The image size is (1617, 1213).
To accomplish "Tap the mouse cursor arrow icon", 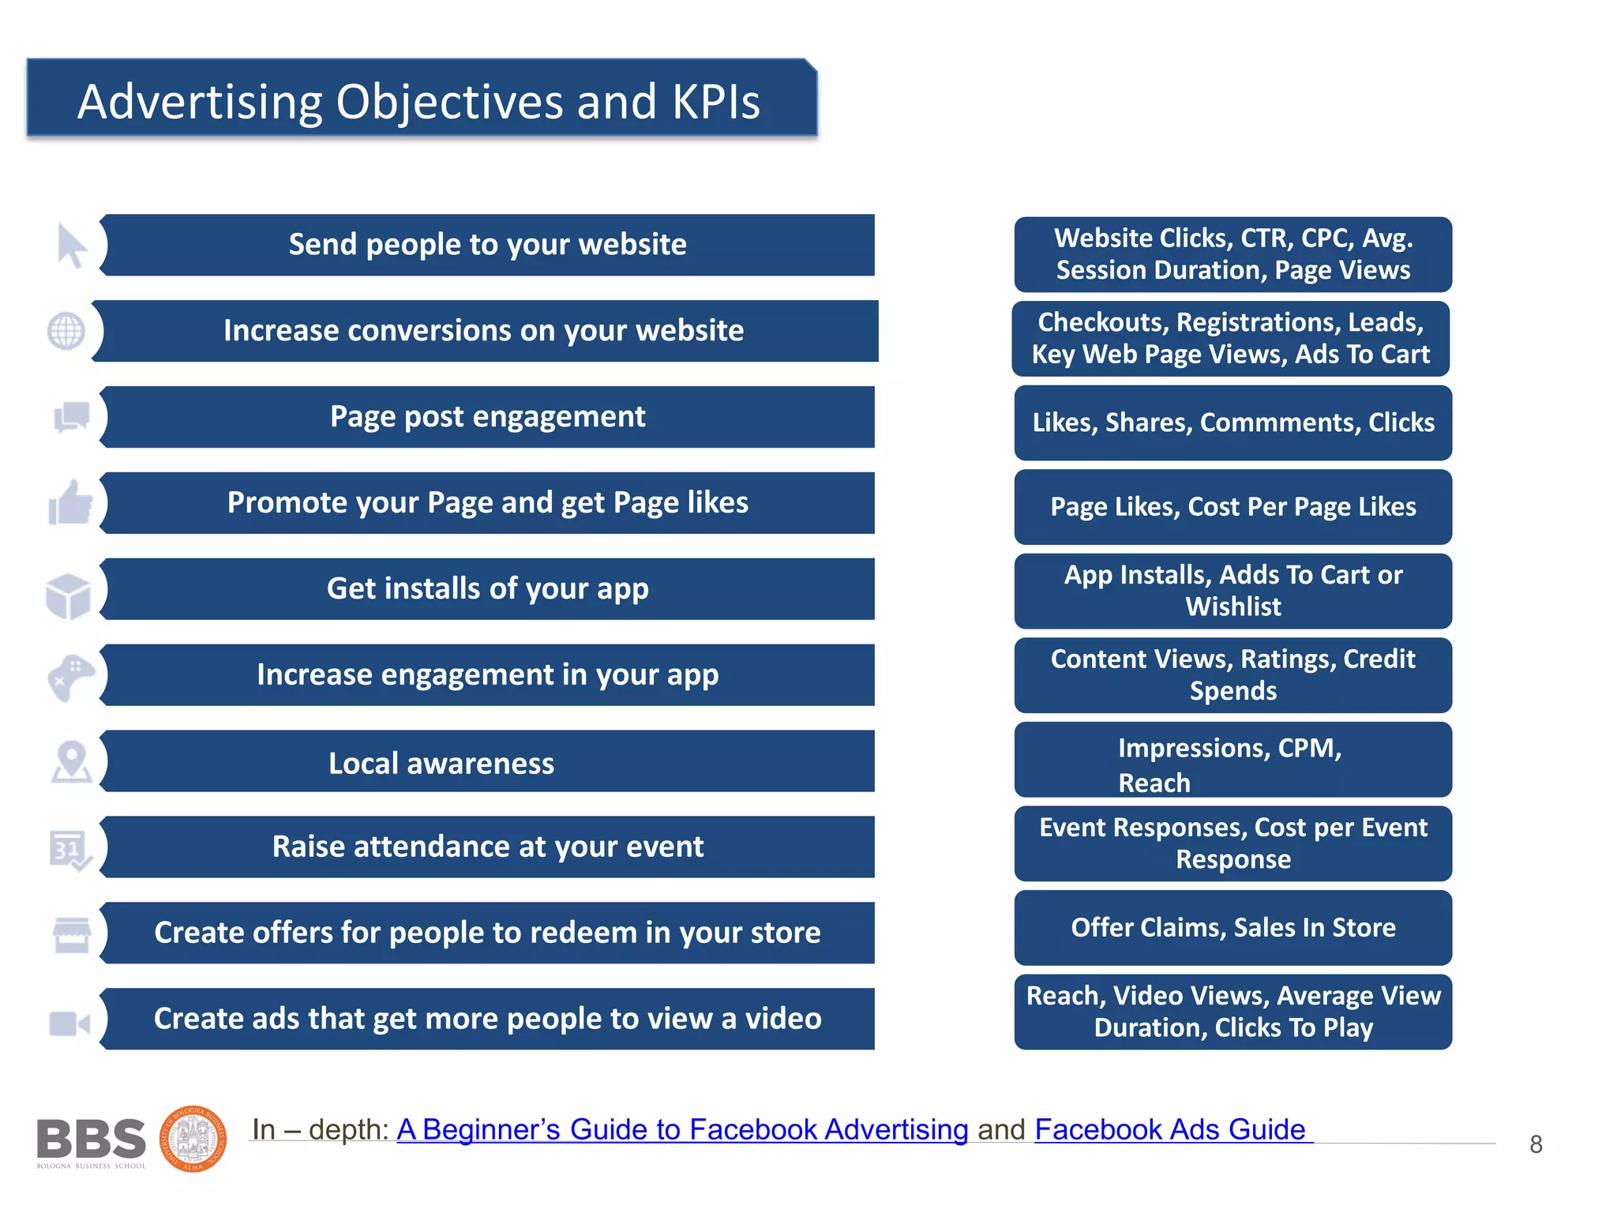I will click(x=71, y=246).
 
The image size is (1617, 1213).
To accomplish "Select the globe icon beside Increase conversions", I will click(x=66, y=331).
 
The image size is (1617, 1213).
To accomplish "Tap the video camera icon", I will click(x=69, y=1023).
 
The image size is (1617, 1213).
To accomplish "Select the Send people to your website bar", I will click(x=488, y=245).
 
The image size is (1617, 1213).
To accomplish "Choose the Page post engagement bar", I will click(x=488, y=417).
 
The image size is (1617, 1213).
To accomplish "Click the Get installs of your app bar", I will click(x=488, y=589).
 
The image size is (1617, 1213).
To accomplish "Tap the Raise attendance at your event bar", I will click(x=488, y=847).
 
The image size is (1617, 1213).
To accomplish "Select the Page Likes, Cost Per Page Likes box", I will click(x=1232, y=507).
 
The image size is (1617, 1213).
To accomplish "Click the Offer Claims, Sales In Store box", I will click(x=1232, y=928).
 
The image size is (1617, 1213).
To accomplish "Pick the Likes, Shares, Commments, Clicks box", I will click(x=1232, y=423).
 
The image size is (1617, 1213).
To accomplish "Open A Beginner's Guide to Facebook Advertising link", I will click(x=682, y=1130).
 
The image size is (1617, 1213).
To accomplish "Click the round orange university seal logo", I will click(x=193, y=1139).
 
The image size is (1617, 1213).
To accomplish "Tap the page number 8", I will click(x=1536, y=1144).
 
